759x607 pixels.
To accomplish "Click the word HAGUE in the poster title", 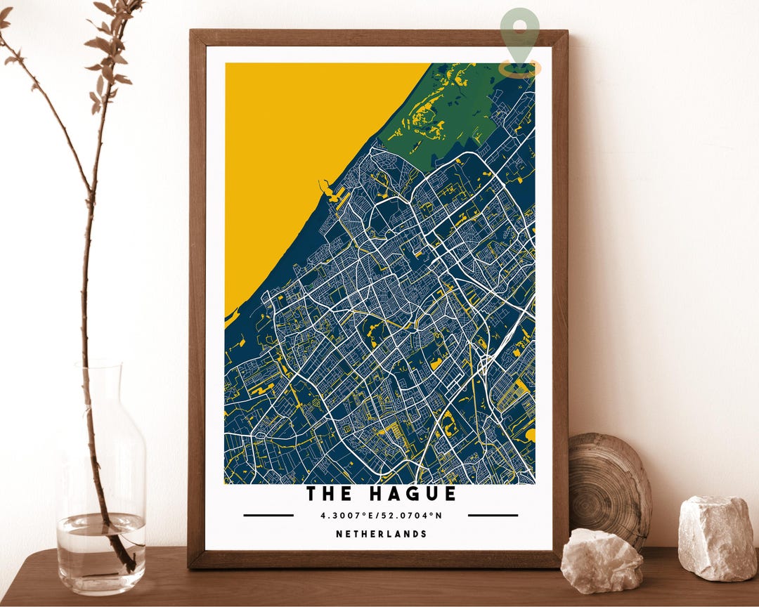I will [x=407, y=494].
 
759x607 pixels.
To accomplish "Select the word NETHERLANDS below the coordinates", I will [x=381, y=534].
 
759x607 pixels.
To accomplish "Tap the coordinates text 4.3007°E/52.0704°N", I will [x=381, y=515].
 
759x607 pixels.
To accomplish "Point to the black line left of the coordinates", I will [x=268, y=515].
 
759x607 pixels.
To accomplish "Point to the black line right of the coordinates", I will [x=493, y=515].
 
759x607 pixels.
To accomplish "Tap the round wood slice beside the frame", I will [x=610, y=485].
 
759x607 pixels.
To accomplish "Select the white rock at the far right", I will [x=718, y=537].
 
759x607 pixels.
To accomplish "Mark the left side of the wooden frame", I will [x=197, y=295].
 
